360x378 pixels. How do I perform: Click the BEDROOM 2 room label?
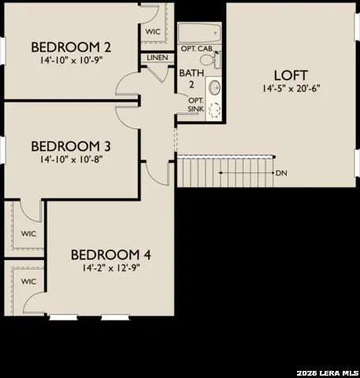pos(70,46)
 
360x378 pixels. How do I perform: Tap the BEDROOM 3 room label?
pos(70,146)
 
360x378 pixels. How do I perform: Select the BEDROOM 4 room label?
pos(110,255)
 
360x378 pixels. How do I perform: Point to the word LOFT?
pos(289,75)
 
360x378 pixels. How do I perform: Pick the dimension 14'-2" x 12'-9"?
pos(110,269)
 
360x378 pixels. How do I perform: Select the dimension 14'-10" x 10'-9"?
pos(70,59)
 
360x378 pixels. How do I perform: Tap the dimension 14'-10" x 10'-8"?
pos(70,158)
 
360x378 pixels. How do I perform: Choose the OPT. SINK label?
pos(195,104)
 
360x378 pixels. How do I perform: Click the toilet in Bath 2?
pos(216,60)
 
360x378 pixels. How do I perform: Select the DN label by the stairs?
pos(280,172)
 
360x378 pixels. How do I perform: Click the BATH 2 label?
pos(191,80)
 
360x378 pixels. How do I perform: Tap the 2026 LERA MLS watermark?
pos(327,371)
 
